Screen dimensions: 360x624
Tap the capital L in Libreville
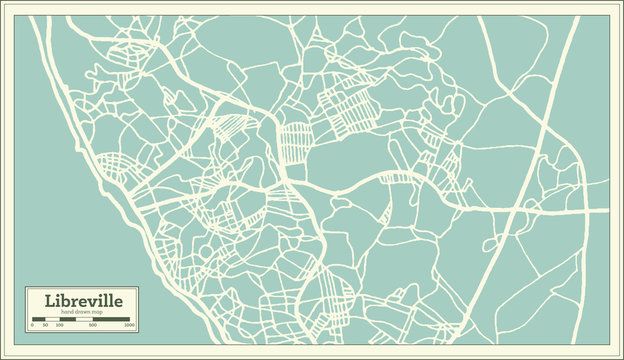click(49, 301)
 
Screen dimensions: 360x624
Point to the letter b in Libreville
click(66, 301)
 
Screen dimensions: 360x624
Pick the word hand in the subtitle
click(67, 313)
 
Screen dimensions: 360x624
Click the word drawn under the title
click(81, 313)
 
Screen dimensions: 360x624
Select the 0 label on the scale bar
click(32, 325)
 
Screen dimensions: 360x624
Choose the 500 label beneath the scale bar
click(92, 325)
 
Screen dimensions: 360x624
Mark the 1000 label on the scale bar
click(128, 325)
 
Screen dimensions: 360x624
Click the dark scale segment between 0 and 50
click(38, 319)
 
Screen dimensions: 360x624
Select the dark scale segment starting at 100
click(66, 319)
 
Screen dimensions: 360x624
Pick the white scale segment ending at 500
click(84, 319)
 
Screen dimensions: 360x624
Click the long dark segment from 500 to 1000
click(111, 319)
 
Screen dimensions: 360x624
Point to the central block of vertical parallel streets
click(295, 143)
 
